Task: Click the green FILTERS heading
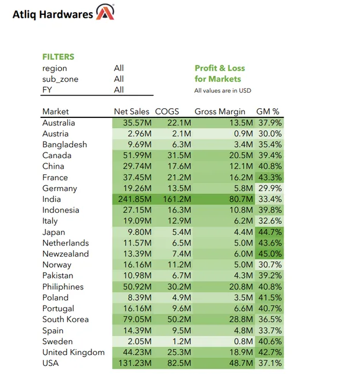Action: click(58, 57)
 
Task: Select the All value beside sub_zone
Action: click(118, 79)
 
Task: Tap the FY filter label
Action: click(47, 90)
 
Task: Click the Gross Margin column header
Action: click(220, 111)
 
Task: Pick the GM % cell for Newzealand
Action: click(270, 254)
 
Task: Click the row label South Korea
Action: click(65, 319)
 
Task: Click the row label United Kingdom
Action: click(73, 352)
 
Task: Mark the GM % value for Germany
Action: click(270, 188)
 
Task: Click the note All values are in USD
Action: click(223, 90)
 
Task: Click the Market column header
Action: click(55, 111)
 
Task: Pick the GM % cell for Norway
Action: click(270, 265)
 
